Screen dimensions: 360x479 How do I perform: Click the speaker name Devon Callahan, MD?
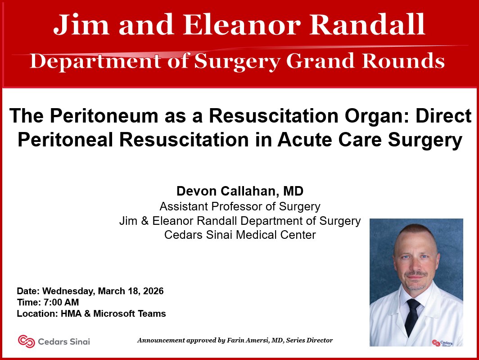tap(240, 191)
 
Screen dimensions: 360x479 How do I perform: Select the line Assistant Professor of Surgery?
tap(240, 207)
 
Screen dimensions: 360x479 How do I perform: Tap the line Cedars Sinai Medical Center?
tap(240, 235)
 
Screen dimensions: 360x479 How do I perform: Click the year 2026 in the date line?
tap(153, 291)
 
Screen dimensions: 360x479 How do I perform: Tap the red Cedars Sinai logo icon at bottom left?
tap(26, 342)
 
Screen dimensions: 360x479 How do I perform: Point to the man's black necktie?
tap(412, 315)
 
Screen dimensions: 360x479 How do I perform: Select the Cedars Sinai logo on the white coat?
tap(442, 343)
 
